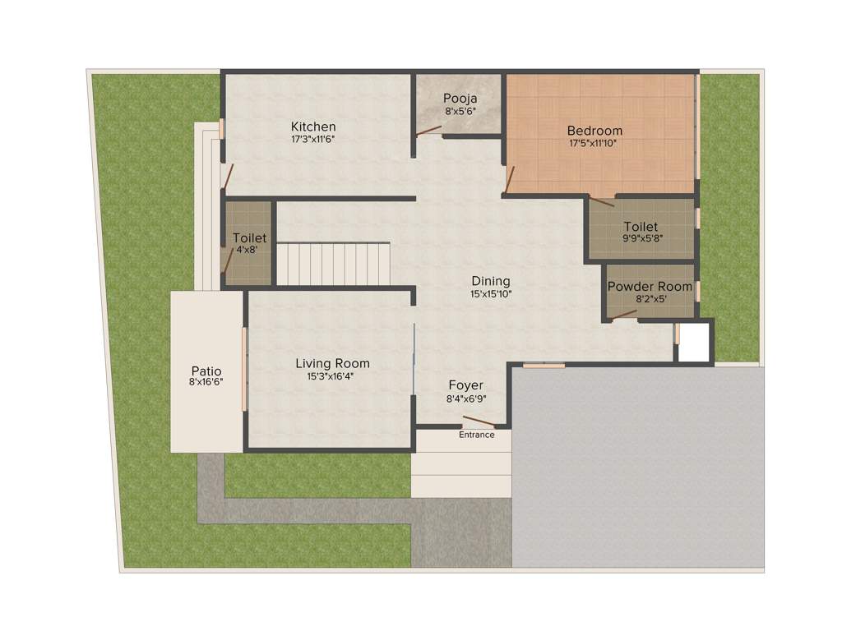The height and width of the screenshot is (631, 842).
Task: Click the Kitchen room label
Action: pos(313,127)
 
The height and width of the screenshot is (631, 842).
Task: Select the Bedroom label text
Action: pos(594,131)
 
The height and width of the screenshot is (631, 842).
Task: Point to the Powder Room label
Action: pos(650,287)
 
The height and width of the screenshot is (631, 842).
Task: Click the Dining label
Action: pos(490,281)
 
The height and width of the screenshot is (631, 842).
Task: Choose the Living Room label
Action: pos(332,363)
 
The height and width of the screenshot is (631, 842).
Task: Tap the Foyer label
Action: pos(465,385)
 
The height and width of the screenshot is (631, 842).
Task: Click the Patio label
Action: pos(206,371)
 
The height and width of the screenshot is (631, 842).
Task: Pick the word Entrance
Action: pos(477,435)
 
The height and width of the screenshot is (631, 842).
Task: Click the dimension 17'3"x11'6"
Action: pos(313,140)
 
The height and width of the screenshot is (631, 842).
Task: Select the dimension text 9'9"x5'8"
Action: pos(641,239)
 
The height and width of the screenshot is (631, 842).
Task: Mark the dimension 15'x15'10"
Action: pos(490,293)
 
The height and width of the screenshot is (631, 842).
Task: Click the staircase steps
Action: pos(333,262)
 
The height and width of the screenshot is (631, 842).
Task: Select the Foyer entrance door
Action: pos(479,422)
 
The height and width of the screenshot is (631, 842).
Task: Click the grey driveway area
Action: pos(637,468)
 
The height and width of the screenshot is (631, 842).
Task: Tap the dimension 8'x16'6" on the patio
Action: pos(206,382)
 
